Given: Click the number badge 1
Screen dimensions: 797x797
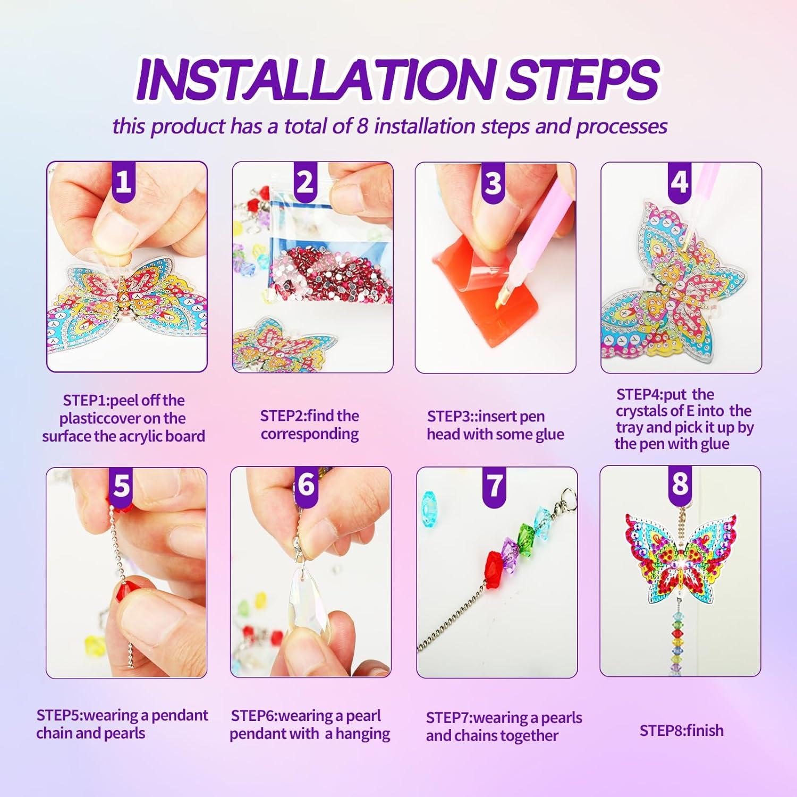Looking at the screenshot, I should tap(123, 182).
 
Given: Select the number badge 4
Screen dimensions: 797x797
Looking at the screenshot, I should tap(680, 182).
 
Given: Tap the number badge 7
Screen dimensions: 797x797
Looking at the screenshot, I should tap(495, 485).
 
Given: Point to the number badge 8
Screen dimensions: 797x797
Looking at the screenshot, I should tap(680, 484).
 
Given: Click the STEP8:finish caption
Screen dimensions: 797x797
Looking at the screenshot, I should tap(681, 731).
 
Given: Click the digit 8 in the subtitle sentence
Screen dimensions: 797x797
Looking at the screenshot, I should tap(362, 126).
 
